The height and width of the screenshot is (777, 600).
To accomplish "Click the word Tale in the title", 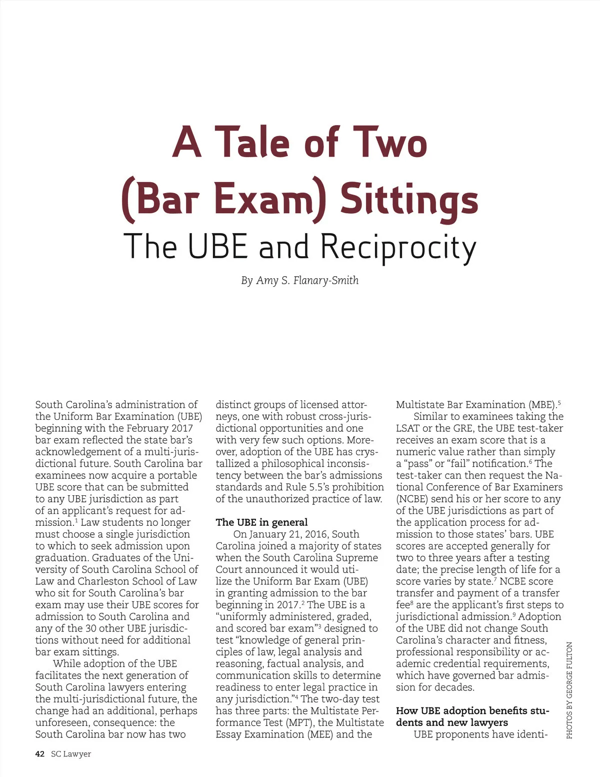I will point(252,142).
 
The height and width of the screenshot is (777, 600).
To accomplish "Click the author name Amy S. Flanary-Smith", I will point(307,280).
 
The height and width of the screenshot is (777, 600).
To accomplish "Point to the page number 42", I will point(40,754).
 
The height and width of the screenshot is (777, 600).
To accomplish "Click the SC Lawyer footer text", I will point(71,754).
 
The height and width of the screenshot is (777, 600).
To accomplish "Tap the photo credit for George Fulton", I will point(569,690).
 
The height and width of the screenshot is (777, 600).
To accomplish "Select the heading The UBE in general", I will point(261,522).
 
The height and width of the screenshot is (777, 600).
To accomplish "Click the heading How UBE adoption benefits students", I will point(472,716).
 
